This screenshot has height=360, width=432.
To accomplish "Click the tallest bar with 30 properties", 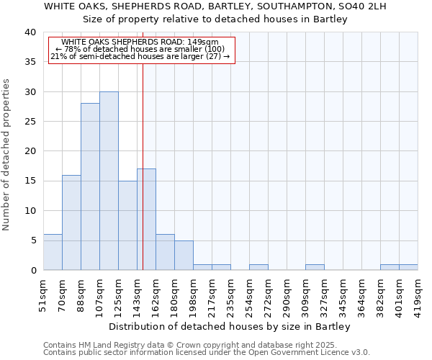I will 109,181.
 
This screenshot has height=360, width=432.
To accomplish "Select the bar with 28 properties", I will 90,186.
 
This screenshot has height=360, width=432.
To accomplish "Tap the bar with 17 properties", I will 147,220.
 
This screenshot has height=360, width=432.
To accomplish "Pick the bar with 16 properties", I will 71,222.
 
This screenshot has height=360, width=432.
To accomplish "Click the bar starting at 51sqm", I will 53,252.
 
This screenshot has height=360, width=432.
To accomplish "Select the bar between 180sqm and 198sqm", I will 184,255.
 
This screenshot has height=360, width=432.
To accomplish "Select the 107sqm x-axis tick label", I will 99,294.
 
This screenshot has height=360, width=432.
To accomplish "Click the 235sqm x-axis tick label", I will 230,294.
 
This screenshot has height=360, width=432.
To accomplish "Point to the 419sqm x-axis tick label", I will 418,294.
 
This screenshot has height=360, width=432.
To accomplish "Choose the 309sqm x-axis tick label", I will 305,294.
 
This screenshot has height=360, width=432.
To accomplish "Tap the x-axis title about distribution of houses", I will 230,326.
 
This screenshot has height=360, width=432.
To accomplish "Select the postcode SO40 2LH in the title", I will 363,6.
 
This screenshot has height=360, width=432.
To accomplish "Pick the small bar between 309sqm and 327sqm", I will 315,267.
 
